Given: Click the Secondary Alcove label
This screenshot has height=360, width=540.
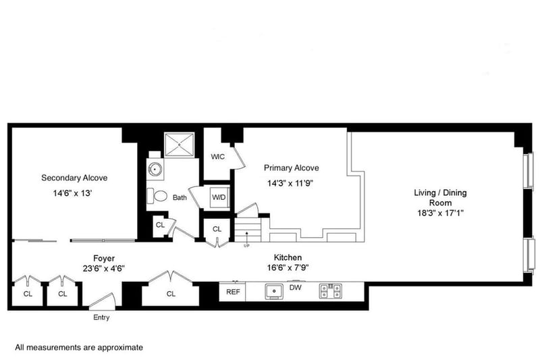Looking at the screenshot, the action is (x=74, y=178).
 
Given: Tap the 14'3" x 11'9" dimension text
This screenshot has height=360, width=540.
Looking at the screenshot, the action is (x=290, y=183).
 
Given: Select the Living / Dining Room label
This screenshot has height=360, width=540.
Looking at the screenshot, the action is (x=441, y=197).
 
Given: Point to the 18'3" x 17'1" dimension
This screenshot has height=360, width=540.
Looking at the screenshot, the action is (x=441, y=213).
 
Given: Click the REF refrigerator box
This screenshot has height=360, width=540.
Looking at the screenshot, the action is (x=233, y=292).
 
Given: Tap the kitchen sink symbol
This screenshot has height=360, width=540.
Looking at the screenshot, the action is (x=274, y=292).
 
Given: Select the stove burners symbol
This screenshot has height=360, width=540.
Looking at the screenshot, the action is (x=330, y=291).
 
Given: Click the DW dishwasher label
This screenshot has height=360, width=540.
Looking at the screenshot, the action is (x=295, y=287).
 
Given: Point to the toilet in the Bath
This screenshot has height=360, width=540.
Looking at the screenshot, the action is (x=157, y=196).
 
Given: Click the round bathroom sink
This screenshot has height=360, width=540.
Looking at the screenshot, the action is (x=155, y=170).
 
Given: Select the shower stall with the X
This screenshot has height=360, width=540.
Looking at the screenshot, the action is (x=179, y=145).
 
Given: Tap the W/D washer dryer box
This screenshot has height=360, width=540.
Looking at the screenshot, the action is (x=219, y=197).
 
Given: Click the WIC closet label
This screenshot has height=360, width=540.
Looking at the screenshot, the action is (x=217, y=157).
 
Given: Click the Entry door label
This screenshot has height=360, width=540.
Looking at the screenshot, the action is (x=101, y=317).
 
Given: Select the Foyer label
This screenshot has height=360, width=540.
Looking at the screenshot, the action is (x=104, y=259).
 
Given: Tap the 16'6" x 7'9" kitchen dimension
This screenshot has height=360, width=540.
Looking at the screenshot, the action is (x=288, y=267).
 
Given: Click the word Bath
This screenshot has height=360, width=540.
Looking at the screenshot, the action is (x=180, y=198).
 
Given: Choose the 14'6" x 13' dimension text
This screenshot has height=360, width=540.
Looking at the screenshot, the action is (x=72, y=193).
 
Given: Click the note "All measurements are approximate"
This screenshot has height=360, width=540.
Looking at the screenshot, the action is (x=79, y=347).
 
